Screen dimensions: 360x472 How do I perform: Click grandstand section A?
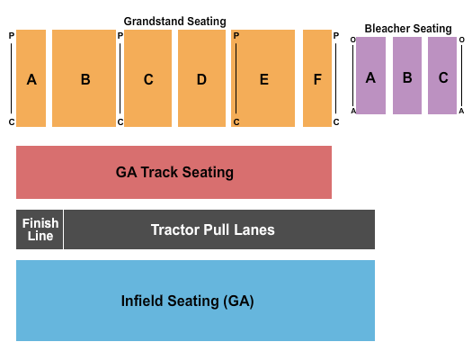[x=31, y=79]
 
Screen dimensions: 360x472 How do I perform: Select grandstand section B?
[x=85, y=79]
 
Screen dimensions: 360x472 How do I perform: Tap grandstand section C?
[x=148, y=79]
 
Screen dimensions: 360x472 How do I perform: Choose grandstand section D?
[x=201, y=79]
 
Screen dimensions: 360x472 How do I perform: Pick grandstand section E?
[x=263, y=79]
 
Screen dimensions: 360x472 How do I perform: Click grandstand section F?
[x=317, y=79]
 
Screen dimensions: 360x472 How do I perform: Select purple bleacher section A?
[x=370, y=77]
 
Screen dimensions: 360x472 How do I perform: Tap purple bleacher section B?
[x=407, y=77]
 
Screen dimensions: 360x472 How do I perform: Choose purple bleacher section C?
[x=443, y=77]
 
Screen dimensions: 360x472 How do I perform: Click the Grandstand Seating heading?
[x=174, y=21]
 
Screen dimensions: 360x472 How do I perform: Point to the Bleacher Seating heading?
[x=407, y=29]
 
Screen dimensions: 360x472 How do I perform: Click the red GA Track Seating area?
[x=174, y=172]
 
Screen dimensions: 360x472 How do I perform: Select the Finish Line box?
[x=40, y=229]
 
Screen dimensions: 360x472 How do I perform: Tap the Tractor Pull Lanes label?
[x=213, y=229]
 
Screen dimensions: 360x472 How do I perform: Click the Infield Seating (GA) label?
[x=188, y=301]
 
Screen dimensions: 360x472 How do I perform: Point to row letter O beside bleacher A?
[x=353, y=40]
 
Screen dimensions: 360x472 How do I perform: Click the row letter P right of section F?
[x=336, y=36]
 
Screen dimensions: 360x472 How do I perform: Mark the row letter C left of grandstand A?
[x=12, y=121]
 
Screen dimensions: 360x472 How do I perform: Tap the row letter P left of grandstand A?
[x=12, y=36]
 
